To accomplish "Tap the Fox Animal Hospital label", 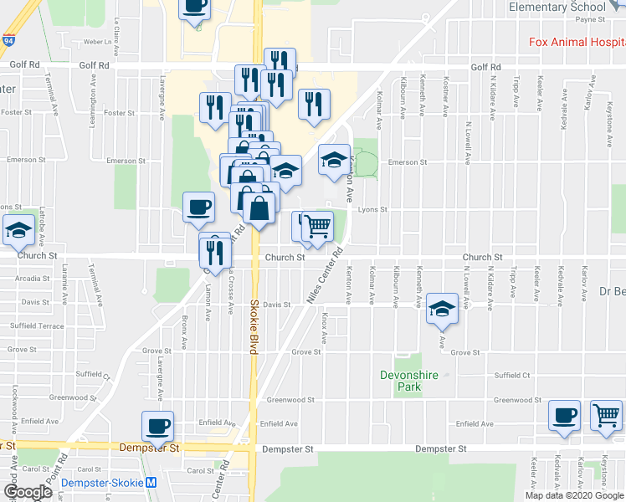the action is pos(577,42).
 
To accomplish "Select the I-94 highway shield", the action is pos(8,39).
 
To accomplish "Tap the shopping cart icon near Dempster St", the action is pos(606,415).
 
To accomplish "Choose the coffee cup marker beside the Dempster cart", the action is pos(565,415).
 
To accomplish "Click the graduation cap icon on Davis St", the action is pos(442,309).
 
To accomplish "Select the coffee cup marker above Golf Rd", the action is pos(194,6).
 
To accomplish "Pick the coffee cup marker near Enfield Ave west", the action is pos(157,426).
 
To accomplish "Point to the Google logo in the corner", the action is pos(27,492).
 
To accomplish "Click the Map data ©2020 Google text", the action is pos(575,495).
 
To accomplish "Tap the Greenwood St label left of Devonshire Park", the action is pos(290,400).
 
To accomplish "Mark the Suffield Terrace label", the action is pos(37,325).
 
